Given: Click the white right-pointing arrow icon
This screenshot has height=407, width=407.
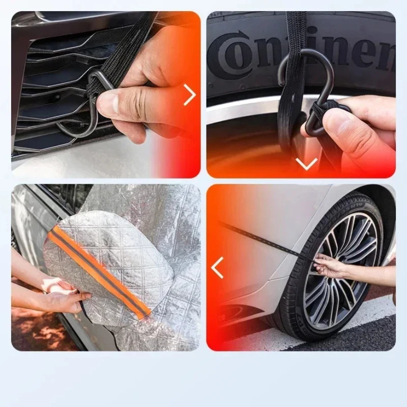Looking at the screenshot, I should coord(189,95).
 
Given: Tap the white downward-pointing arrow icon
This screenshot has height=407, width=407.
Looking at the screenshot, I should coord(306,164).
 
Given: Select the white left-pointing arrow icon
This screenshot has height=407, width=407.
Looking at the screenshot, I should coord(218,268).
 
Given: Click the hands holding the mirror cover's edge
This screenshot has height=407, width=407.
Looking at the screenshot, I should coord(61,295).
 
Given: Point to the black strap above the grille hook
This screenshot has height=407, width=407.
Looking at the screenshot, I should coord(127,46).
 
